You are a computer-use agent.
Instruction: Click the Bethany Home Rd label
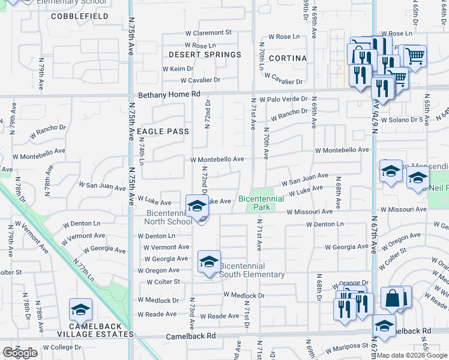[169, 95]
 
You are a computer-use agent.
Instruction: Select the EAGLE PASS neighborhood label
[163, 131]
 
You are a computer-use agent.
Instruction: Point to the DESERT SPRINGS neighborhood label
[205, 55]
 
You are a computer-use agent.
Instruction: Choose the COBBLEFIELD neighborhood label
[80, 16]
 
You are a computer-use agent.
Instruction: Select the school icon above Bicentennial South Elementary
[209, 262]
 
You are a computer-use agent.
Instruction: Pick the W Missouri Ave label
[309, 212]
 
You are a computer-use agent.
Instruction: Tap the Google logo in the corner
[20, 353]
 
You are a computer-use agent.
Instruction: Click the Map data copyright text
[412, 355]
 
